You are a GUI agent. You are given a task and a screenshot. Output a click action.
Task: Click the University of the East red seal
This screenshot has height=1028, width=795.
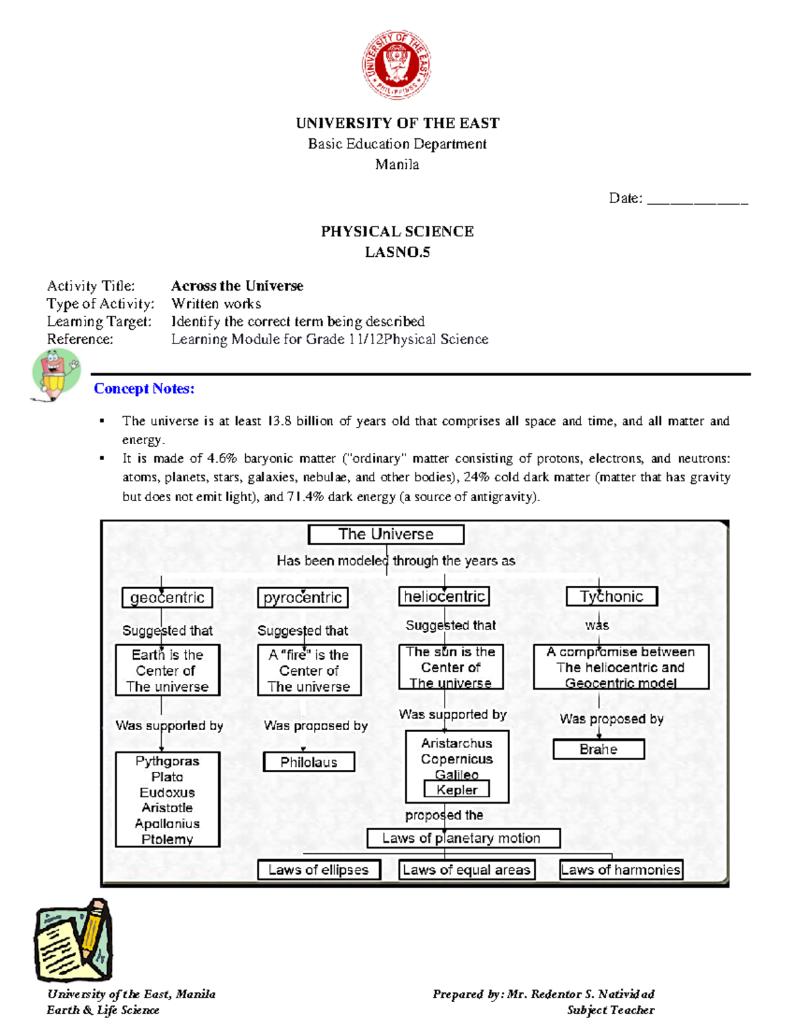tap(396, 64)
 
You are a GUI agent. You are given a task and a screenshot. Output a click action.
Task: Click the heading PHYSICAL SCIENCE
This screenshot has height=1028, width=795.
tap(397, 232)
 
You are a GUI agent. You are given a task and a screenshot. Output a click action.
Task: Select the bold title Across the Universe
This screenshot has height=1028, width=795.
tap(237, 286)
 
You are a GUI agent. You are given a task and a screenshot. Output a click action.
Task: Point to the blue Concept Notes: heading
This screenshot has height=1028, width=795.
tap(144, 389)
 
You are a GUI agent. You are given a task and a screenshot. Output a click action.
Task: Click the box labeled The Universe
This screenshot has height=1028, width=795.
tap(386, 534)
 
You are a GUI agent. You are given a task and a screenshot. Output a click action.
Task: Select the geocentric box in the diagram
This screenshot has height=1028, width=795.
tap(167, 597)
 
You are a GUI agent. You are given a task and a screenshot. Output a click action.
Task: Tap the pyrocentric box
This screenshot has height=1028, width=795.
tap(302, 597)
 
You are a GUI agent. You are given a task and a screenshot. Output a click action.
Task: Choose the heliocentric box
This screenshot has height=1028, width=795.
tap(444, 596)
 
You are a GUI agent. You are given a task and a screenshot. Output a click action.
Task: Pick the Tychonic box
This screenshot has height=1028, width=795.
tap(611, 596)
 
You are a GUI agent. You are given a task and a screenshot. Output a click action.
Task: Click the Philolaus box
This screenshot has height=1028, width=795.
tap(309, 762)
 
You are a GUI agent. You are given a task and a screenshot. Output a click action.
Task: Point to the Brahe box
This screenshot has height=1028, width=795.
tap(598, 749)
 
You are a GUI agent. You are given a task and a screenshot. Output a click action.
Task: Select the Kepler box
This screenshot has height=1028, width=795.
tap(456, 789)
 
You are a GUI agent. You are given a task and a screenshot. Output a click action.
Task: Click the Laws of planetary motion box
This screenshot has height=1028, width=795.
tap(463, 838)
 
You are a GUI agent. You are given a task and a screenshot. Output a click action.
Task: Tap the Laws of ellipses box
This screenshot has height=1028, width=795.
tap(319, 870)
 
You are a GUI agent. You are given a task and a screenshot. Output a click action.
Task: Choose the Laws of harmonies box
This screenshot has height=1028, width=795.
tap(620, 870)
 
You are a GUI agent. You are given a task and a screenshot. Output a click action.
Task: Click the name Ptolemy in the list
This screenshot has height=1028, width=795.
tap(167, 839)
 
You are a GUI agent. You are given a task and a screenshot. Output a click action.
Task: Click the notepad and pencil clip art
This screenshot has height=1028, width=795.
tap(73, 940)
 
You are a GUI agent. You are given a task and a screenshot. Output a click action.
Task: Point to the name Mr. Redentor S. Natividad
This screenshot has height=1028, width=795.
tap(580, 994)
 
